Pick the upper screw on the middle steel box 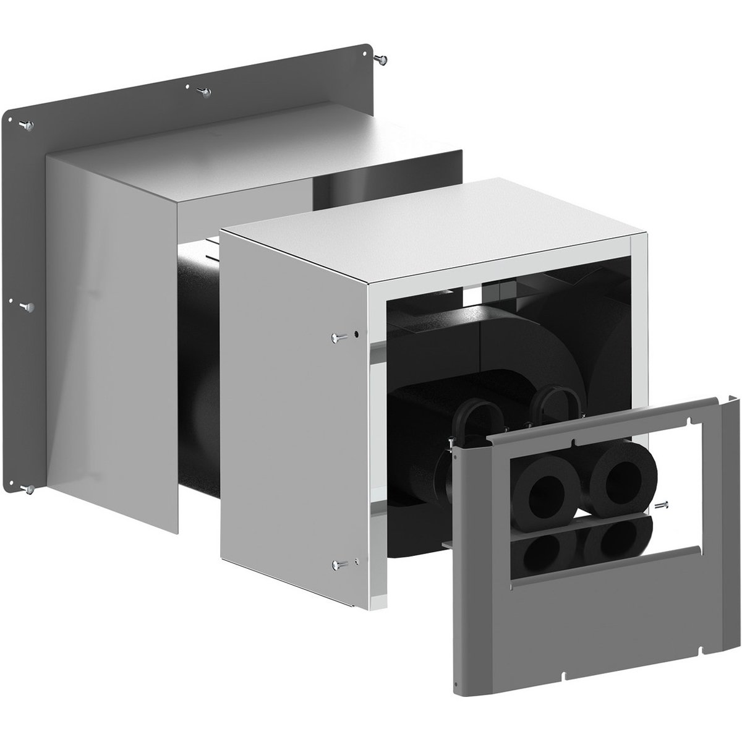coord(339,337)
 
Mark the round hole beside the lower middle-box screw coord(357,561)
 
